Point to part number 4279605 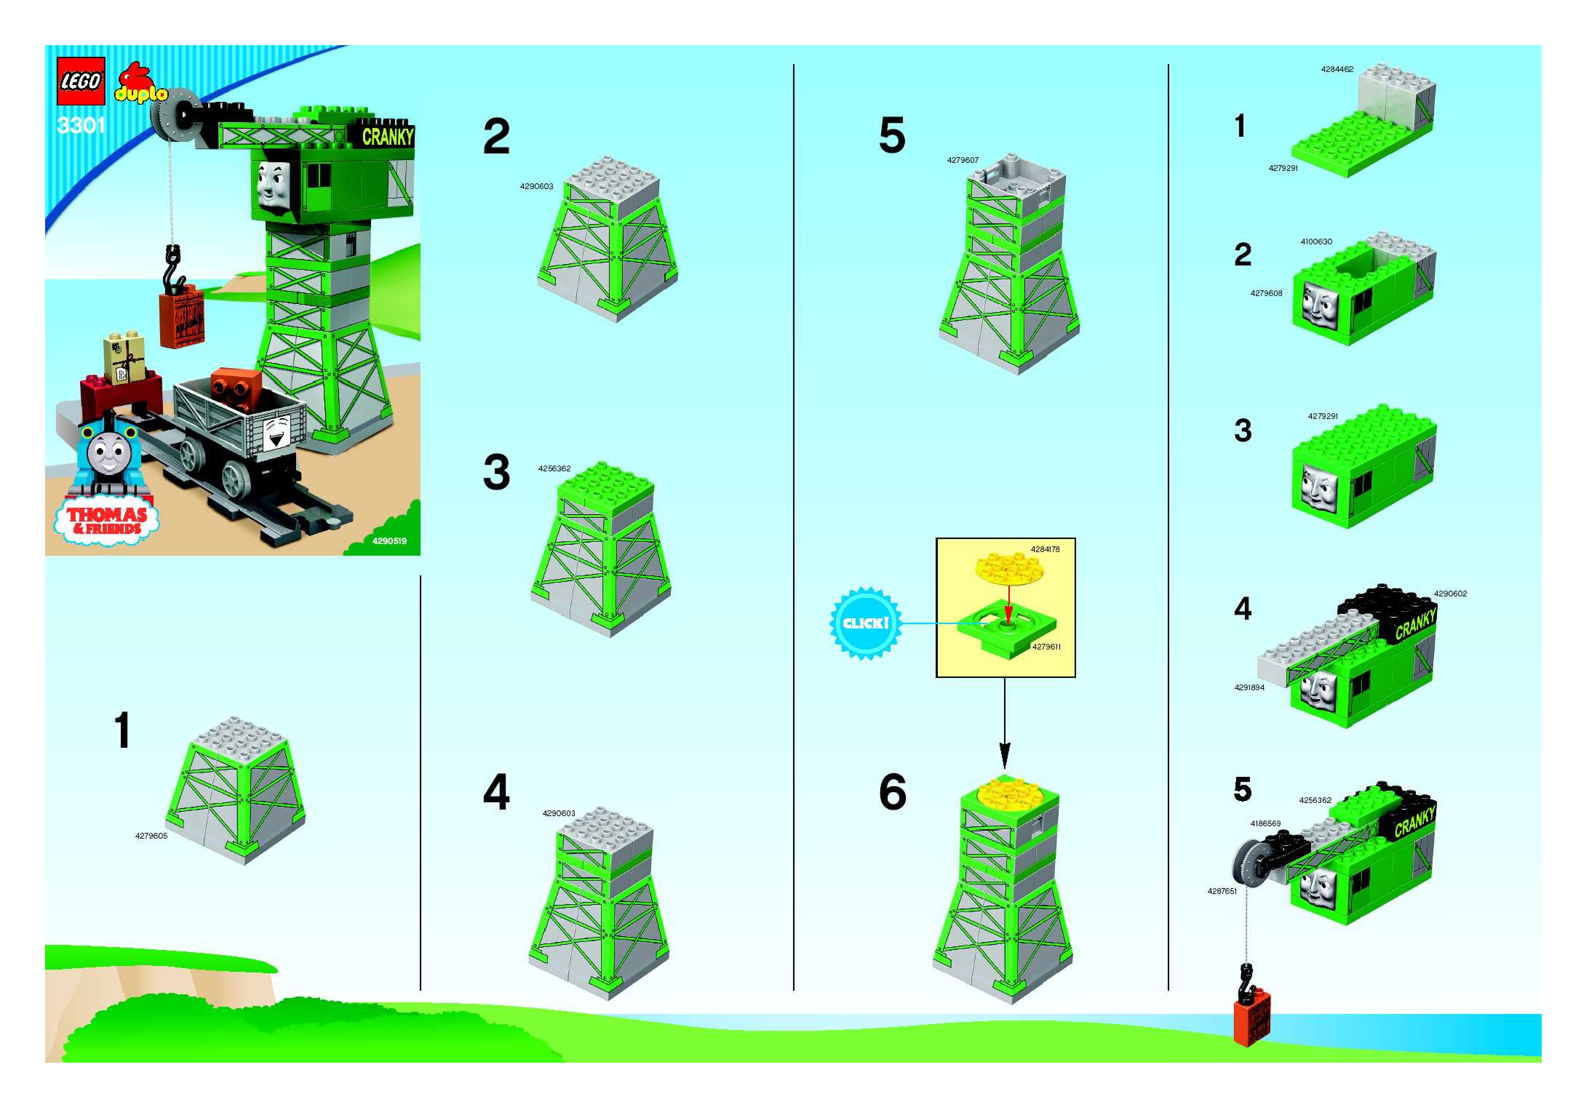tap(151, 836)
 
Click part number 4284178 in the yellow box tap(1045, 550)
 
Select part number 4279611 tap(1046, 647)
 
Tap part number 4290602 tap(1450, 594)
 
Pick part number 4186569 tap(1265, 823)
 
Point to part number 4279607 tap(963, 160)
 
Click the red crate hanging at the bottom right tap(1252, 1017)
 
